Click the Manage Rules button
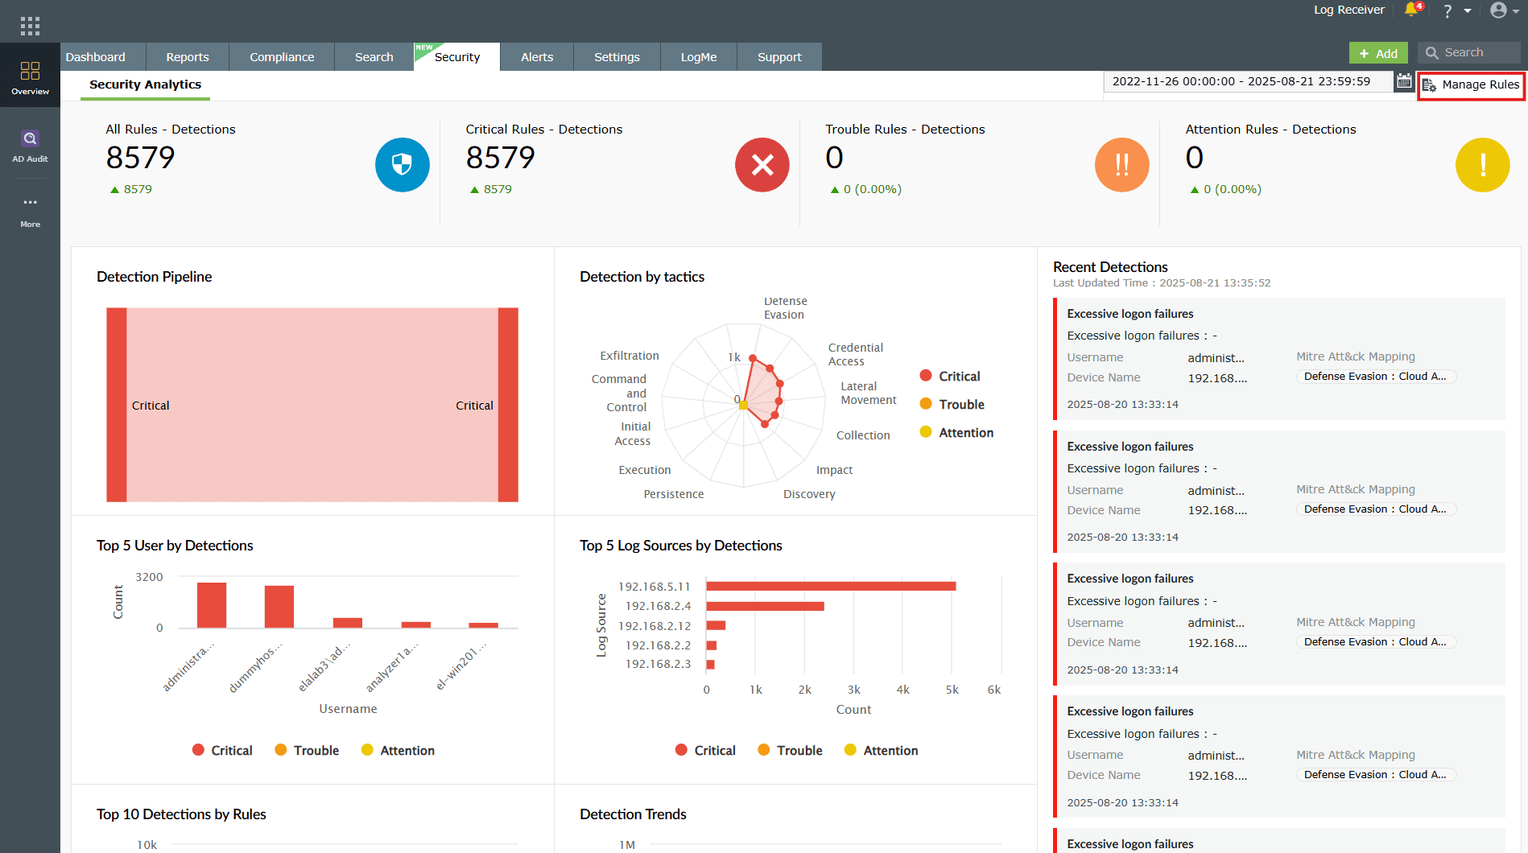pyautogui.click(x=1472, y=84)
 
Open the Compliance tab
pyautogui.click(x=282, y=57)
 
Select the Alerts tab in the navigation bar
pyautogui.click(x=536, y=57)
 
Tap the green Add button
pyautogui.click(x=1378, y=53)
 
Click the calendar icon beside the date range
pyautogui.click(x=1404, y=81)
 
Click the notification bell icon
pyautogui.click(x=1411, y=10)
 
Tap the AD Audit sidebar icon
pyautogui.click(x=30, y=146)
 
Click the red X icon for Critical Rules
pyautogui.click(x=762, y=165)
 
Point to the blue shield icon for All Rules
pyautogui.click(x=402, y=165)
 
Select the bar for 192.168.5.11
pyautogui.click(x=831, y=586)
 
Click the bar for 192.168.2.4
pyautogui.click(x=765, y=606)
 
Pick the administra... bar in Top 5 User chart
pyautogui.click(x=212, y=605)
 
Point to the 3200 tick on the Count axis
pyautogui.click(x=149, y=577)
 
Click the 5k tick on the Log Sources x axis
pyautogui.click(x=952, y=690)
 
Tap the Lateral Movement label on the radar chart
pyautogui.click(x=868, y=394)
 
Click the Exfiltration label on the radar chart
pyautogui.click(x=629, y=356)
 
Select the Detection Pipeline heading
pyautogui.click(x=154, y=277)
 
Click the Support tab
pyautogui.click(x=779, y=57)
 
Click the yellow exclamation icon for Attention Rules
pyautogui.click(x=1482, y=165)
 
